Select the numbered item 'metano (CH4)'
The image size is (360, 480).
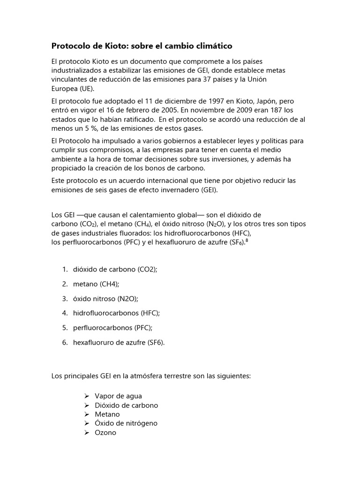(96, 284)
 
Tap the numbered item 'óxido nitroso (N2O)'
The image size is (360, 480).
(105, 299)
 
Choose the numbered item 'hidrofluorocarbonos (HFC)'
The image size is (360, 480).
(120, 313)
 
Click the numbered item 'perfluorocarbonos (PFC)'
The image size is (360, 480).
(112, 328)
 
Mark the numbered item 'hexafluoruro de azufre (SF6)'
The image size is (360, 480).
(119, 342)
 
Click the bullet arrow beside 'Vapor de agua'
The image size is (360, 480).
(87, 397)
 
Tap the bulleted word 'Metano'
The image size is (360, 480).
(107, 414)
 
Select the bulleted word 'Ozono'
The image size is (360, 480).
(105, 433)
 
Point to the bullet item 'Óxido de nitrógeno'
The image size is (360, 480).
(126, 423)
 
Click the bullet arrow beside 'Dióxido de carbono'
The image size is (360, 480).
(87, 405)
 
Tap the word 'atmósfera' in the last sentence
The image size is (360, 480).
(146, 376)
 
